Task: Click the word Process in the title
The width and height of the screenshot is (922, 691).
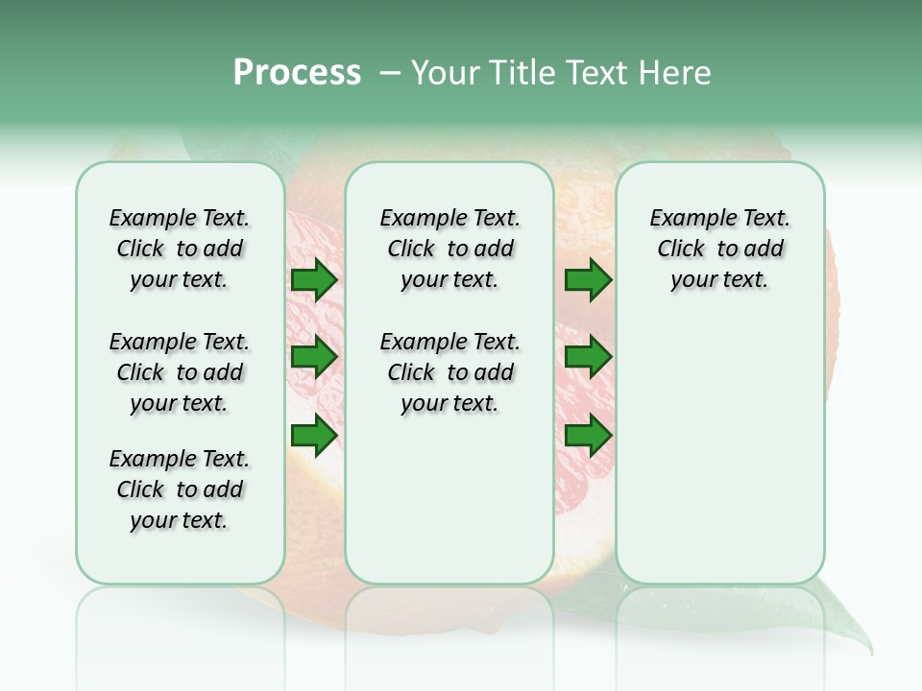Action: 297,73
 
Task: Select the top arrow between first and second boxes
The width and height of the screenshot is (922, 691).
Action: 314,280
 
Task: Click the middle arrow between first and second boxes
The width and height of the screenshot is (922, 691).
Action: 314,358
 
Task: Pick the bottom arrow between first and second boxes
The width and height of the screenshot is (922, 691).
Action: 314,437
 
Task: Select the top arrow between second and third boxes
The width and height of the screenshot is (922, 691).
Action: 588,280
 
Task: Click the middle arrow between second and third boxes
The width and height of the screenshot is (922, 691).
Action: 588,358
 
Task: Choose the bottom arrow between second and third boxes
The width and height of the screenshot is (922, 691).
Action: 588,437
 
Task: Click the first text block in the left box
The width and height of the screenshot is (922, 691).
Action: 180,249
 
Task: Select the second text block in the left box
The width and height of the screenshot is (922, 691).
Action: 180,372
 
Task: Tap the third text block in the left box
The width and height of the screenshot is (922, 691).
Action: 180,489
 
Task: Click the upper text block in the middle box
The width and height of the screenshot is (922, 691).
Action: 449,249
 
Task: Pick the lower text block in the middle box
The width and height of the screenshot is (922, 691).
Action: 449,372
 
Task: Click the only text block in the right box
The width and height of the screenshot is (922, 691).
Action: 719,249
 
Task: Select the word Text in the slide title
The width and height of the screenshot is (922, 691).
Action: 597,73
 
